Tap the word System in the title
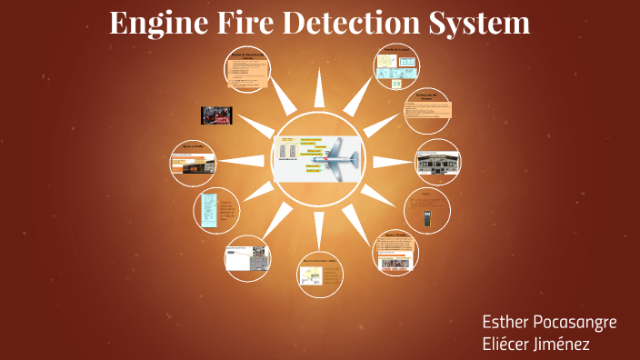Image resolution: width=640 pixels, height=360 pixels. point(485,22)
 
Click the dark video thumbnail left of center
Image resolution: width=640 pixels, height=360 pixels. point(217,115)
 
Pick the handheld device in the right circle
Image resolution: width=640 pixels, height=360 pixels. point(427,218)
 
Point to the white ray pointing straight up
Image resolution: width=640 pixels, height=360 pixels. point(319,88)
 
